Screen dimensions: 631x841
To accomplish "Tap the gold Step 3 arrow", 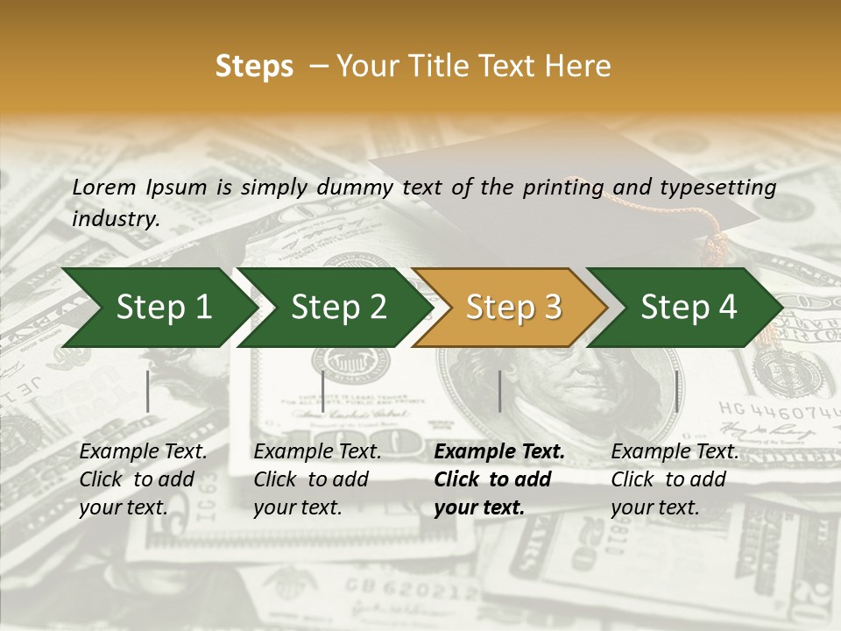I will point(513,307).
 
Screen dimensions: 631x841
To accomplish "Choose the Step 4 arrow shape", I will point(689,307).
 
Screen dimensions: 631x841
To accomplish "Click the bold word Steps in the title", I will point(254,66).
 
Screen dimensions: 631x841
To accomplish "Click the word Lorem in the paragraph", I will point(102,187).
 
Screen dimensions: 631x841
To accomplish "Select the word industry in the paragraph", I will point(116,219).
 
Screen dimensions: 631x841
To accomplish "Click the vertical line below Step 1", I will point(148,391).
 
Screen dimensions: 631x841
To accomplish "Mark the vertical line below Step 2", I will point(323,391).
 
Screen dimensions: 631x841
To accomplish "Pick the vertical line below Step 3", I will point(499,391).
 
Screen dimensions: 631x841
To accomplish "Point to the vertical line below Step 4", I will point(676,391).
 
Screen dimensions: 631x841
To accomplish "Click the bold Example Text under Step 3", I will point(499,452).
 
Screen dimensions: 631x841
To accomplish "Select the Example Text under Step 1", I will point(143,452).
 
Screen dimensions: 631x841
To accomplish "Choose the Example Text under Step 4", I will point(675,452).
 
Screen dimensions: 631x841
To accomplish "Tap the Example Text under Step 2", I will point(317,452).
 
